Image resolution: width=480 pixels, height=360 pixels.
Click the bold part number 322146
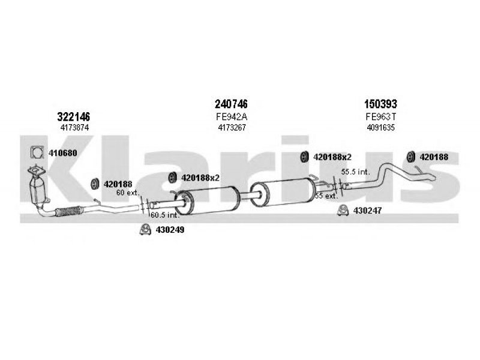(73, 116)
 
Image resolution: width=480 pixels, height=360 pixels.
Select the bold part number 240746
(231, 104)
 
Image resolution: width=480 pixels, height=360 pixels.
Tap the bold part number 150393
(380, 104)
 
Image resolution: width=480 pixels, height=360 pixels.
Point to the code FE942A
(232, 116)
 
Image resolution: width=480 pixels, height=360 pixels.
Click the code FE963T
(381, 116)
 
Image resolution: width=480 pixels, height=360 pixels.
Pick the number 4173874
(74, 127)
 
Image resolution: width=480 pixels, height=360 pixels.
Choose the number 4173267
(232, 127)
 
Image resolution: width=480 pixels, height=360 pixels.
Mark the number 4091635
(381, 127)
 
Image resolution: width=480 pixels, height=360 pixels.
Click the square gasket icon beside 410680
(37, 152)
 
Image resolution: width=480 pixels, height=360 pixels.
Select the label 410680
(63, 153)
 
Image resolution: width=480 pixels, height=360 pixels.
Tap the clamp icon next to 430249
(145, 229)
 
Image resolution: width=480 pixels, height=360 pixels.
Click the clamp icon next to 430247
(343, 211)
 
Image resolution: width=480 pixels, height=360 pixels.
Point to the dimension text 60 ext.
(128, 193)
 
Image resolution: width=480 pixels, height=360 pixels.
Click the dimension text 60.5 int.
(164, 215)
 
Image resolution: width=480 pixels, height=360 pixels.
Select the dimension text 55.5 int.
(355, 172)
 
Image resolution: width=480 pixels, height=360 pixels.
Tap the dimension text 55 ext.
(326, 196)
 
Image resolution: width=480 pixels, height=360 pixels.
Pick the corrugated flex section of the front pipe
(69, 211)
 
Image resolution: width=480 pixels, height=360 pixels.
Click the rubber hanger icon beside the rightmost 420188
(410, 157)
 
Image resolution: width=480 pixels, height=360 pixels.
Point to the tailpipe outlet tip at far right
(432, 177)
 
